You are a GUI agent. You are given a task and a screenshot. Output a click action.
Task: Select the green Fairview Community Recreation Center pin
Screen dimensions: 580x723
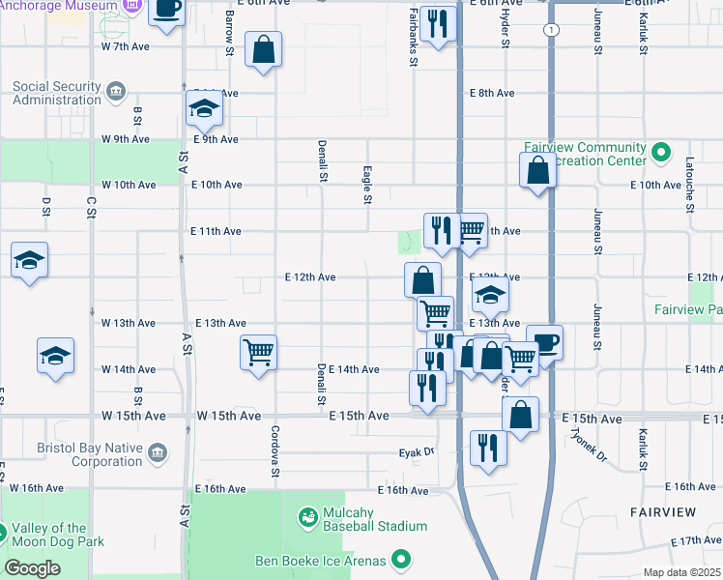661,154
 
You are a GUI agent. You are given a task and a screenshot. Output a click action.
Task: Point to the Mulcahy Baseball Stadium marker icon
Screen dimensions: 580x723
308,518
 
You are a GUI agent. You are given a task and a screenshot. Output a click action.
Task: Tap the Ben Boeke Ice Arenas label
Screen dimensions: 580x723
320,561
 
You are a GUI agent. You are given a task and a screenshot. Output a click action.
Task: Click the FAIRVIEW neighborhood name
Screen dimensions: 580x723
663,510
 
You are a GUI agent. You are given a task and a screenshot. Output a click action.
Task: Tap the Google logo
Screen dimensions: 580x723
32,567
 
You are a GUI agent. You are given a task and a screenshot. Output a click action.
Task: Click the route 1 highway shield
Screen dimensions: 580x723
550,31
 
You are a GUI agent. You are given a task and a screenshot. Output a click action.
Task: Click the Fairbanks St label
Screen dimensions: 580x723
413,37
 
